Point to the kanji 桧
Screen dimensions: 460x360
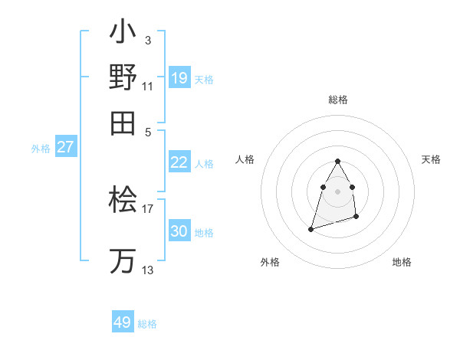(x=123, y=201)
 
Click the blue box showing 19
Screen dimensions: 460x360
(x=179, y=77)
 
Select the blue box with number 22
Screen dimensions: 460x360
(x=179, y=162)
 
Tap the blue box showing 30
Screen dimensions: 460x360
(x=179, y=231)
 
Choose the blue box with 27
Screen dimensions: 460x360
(x=65, y=146)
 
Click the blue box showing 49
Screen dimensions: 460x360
(x=123, y=322)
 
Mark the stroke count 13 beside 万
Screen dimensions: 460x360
(x=148, y=270)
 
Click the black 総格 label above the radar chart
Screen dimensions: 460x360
(x=337, y=100)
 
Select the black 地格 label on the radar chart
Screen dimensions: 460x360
(x=402, y=262)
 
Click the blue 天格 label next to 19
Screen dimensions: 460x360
(x=204, y=79)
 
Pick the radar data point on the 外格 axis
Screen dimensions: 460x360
(x=310, y=228)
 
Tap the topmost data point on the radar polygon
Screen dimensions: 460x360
(x=337, y=161)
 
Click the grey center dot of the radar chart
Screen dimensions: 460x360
(x=337, y=191)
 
